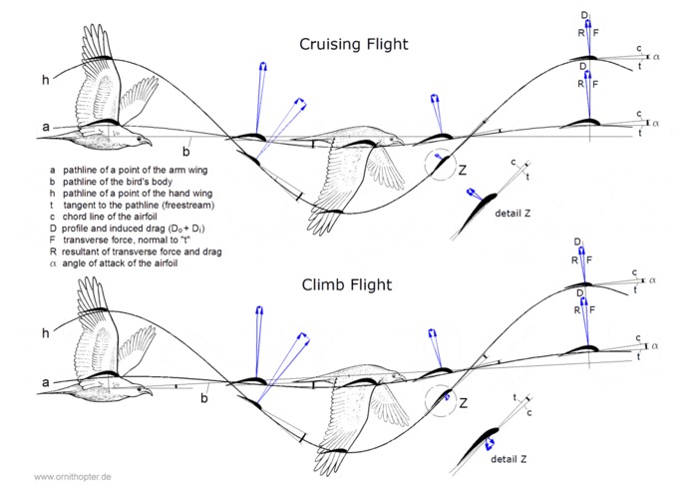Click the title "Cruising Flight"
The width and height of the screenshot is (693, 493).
[354, 44]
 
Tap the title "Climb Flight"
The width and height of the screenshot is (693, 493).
[347, 284]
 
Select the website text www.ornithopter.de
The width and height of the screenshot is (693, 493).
[73, 477]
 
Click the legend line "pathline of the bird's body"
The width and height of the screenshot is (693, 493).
[117, 182]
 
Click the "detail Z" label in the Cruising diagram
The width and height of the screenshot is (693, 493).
[513, 214]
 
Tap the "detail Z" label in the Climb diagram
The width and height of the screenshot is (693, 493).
[509, 459]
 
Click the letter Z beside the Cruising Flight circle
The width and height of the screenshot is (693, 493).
[463, 170]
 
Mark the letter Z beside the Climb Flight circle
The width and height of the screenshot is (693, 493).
[464, 403]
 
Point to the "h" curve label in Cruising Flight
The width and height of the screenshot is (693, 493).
[46, 80]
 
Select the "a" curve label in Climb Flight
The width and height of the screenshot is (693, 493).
[46, 381]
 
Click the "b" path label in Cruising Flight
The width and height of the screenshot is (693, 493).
[186, 152]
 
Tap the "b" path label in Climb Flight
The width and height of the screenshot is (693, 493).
[204, 398]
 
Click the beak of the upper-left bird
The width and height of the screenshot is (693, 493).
[148, 143]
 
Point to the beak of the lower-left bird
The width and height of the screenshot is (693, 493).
[148, 392]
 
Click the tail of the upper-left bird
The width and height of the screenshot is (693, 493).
[58, 137]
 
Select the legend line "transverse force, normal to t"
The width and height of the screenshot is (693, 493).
[127, 241]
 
